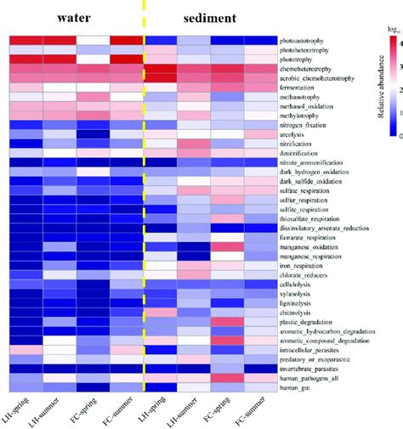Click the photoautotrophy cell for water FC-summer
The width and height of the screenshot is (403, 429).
(x=128, y=41)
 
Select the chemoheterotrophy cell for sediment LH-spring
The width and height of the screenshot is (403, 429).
(x=162, y=69)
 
